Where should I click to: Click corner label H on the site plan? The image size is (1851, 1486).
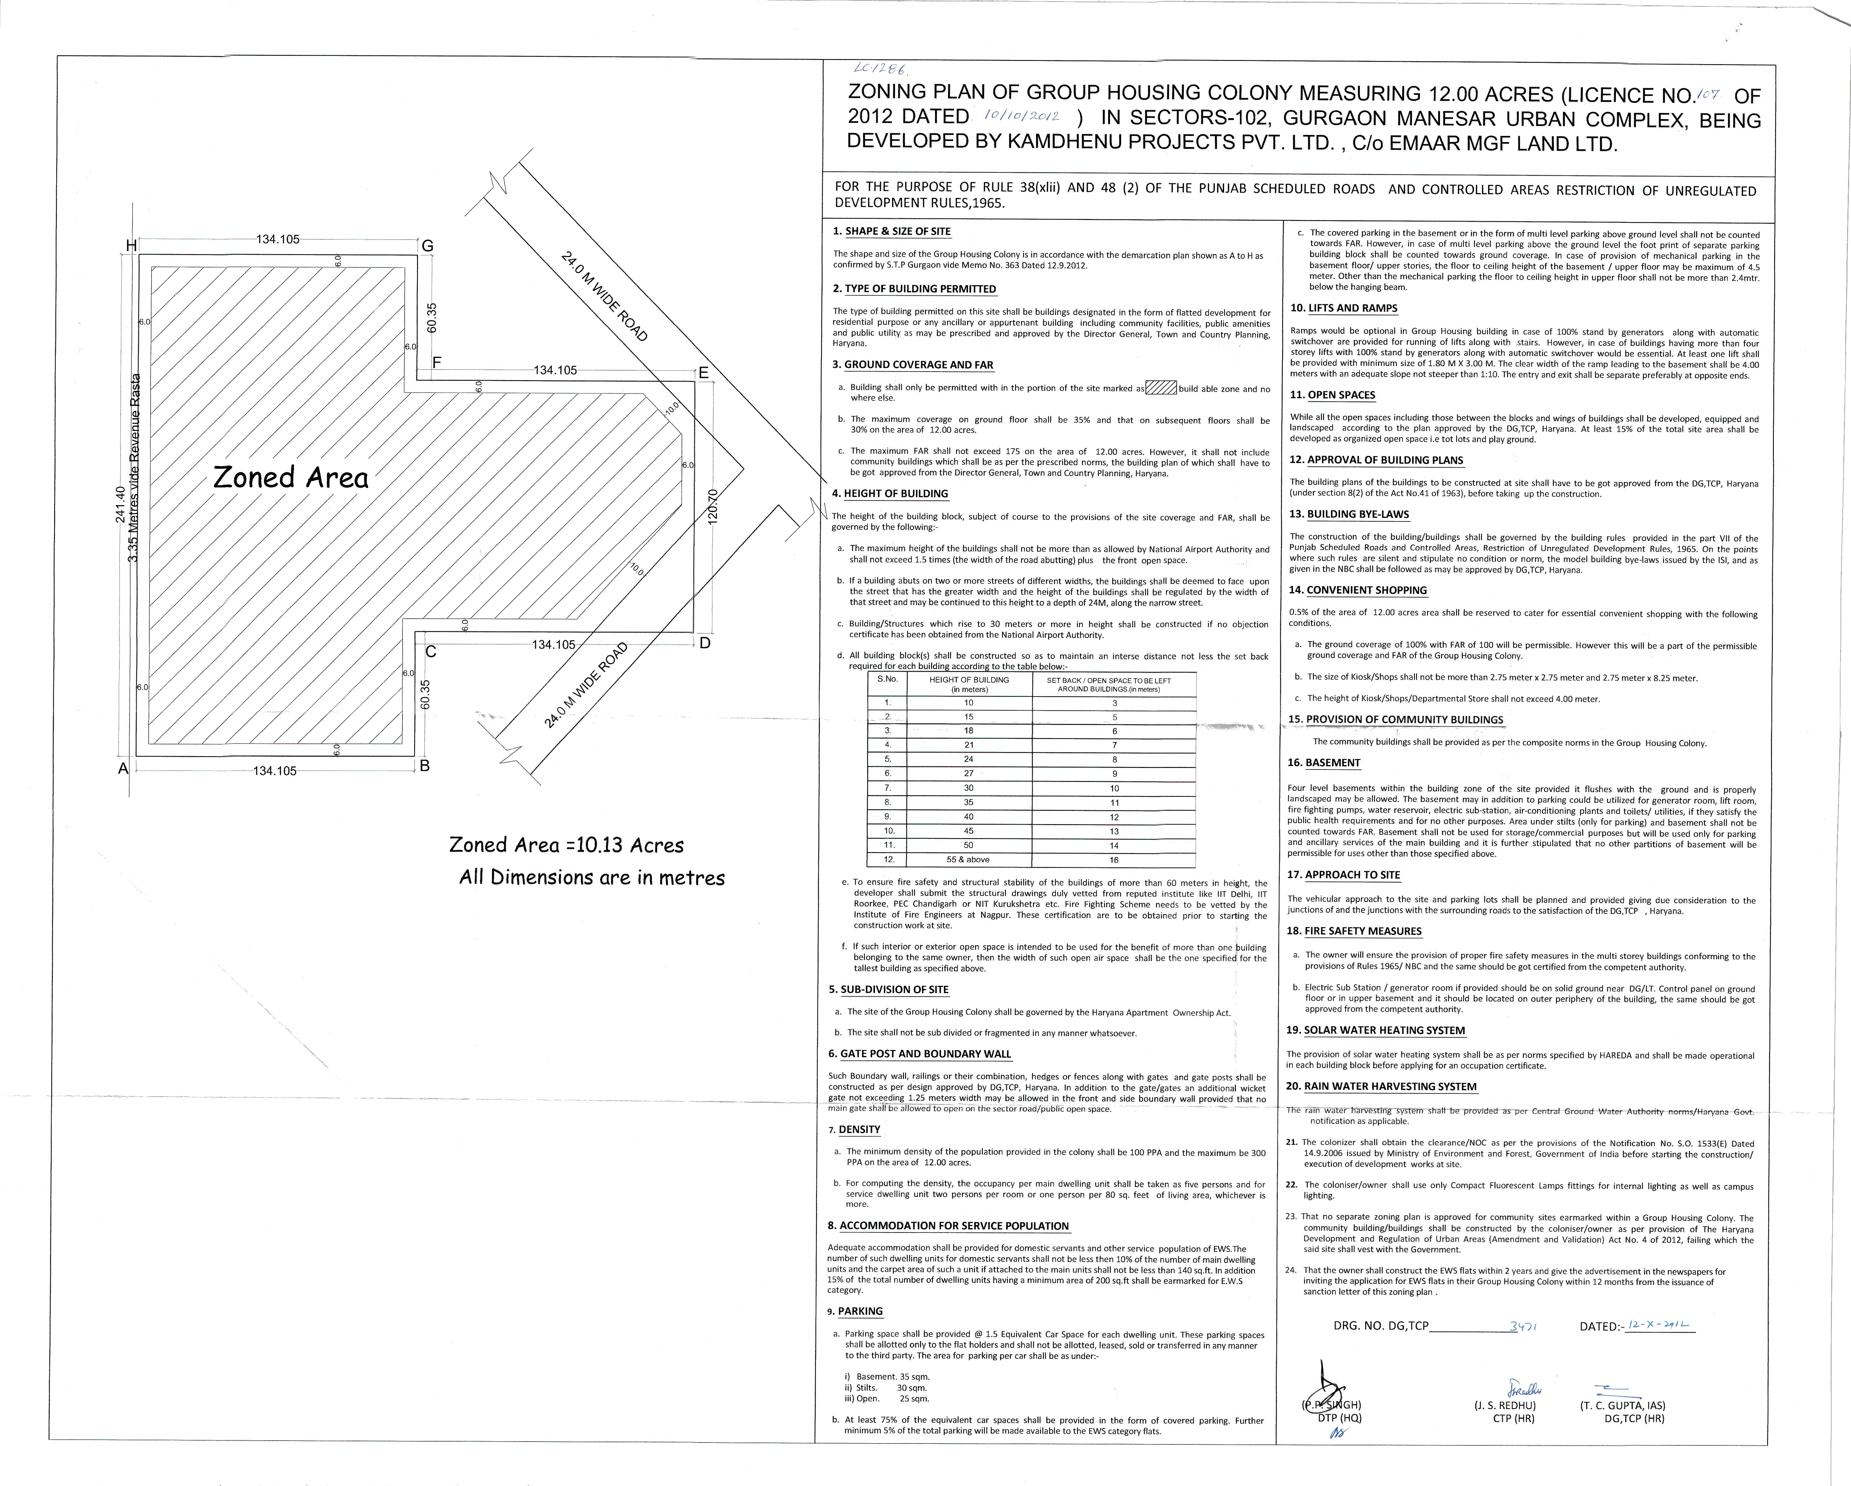point(131,245)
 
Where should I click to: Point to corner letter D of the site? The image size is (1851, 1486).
point(705,643)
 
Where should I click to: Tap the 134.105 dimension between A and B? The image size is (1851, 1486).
point(275,771)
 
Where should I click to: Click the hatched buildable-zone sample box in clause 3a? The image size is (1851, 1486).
point(1161,388)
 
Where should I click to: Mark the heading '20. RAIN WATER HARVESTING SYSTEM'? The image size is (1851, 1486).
point(1381,1086)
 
